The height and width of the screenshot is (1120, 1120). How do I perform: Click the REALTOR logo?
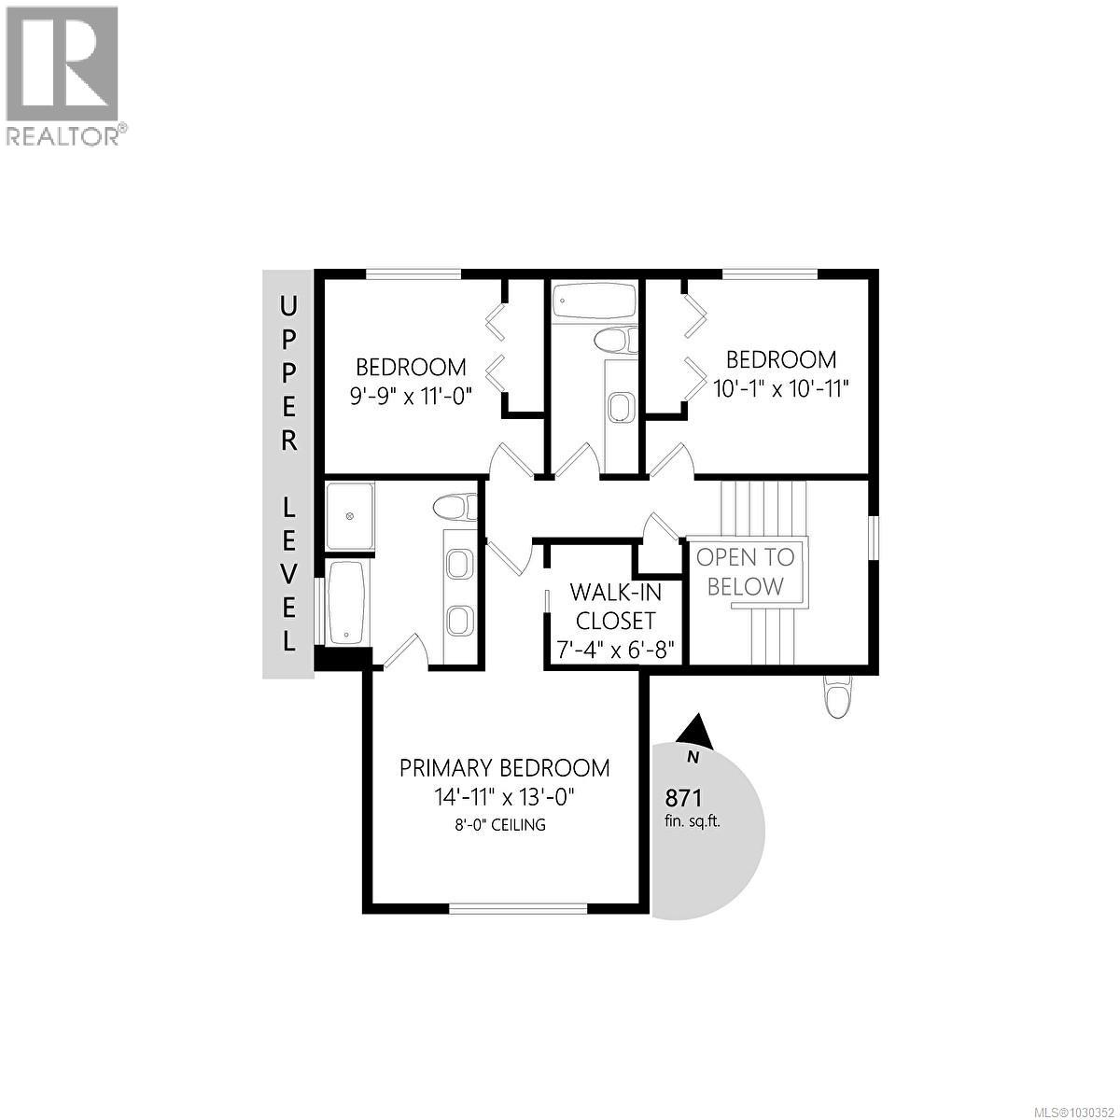[63, 75]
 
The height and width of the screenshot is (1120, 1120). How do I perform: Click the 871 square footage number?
[683, 798]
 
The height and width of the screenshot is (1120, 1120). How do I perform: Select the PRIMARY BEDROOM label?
[505, 768]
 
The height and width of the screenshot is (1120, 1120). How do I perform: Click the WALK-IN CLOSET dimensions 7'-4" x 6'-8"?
[615, 649]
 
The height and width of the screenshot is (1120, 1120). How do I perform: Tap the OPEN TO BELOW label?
[746, 571]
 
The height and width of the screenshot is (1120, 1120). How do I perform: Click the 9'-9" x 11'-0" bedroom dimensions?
[412, 395]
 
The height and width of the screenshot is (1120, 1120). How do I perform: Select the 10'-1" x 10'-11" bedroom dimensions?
[781, 388]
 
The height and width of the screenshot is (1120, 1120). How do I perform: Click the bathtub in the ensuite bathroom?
[346, 602]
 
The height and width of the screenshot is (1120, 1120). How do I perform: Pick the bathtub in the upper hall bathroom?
[594, 301]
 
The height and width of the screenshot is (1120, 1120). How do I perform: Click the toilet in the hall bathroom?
[616, 341]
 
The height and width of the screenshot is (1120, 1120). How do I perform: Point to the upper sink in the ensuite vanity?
[459, 565]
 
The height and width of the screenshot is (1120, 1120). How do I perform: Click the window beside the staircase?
[875, 537]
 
